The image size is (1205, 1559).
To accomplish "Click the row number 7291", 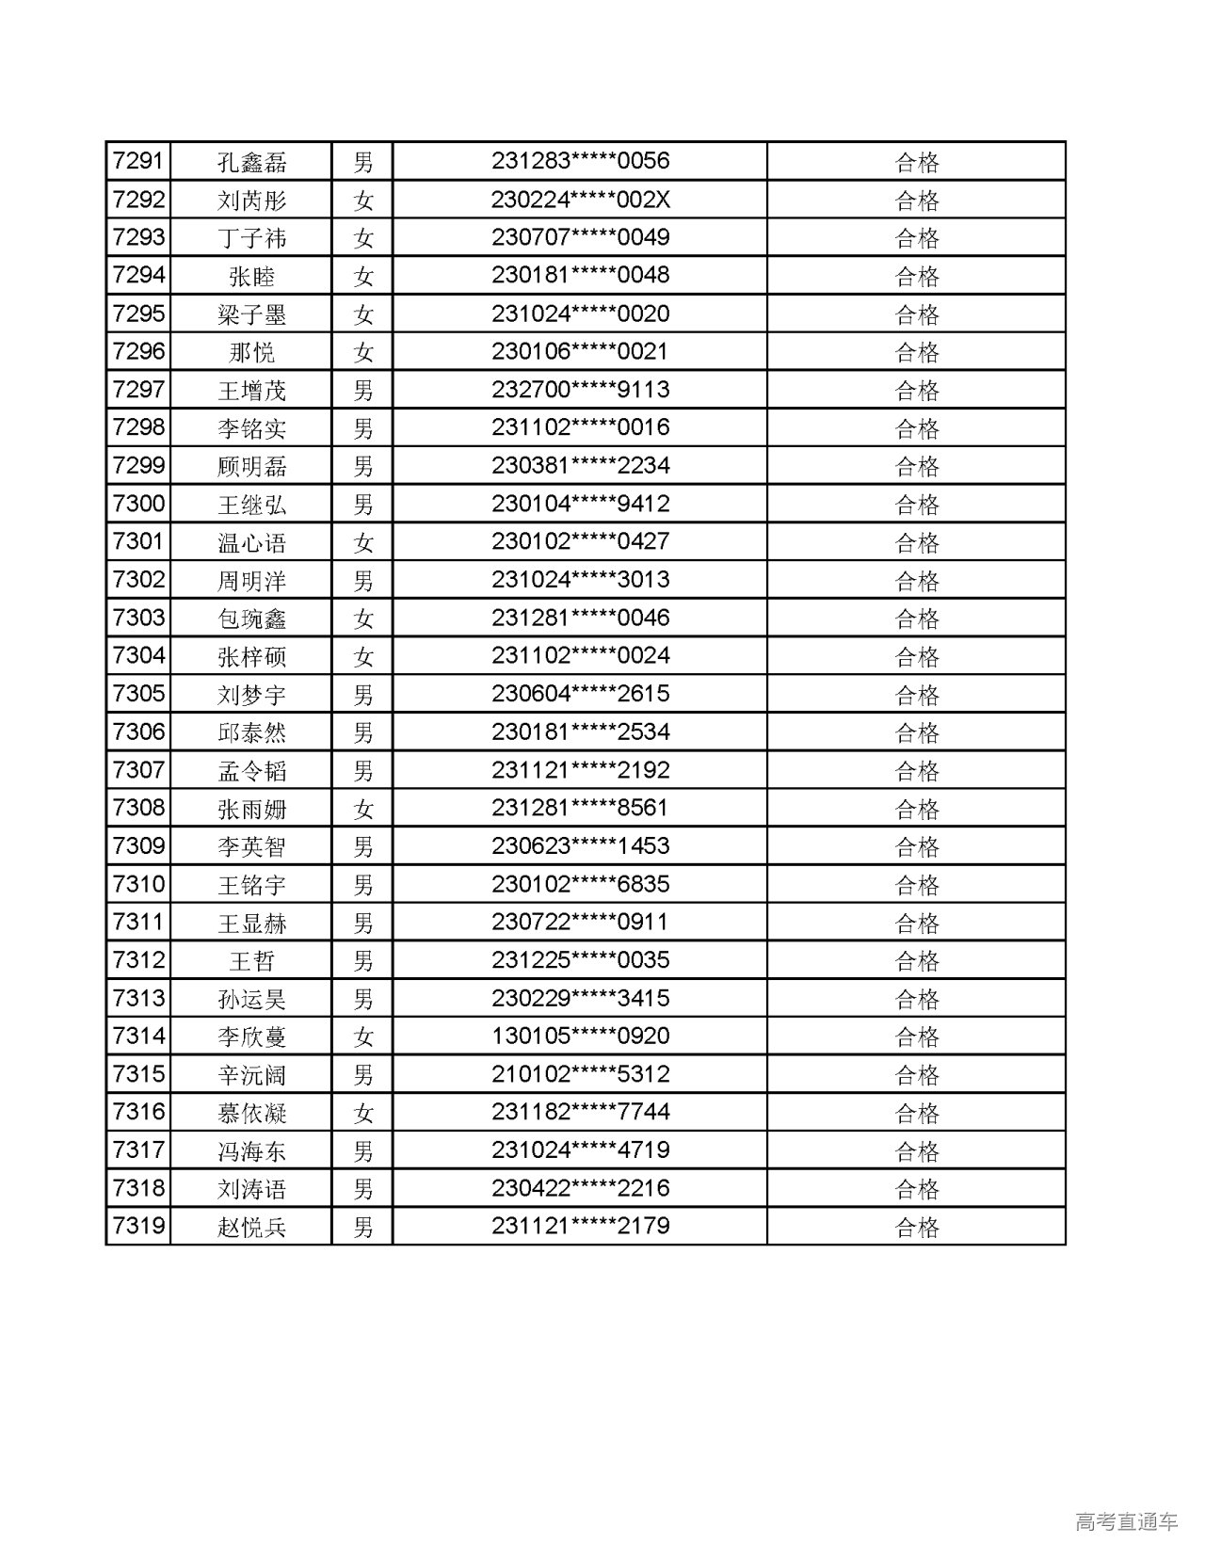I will [138, 161].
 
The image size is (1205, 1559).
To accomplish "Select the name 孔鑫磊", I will [251, 162].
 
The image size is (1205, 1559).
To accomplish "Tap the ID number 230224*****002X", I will [580, 200].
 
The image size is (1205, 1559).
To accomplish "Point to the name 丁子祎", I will [251, 238].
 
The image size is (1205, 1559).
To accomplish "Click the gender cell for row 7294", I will [363, 276].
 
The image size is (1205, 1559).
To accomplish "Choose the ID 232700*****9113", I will [580, 390].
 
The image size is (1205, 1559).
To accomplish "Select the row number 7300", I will [138, 504].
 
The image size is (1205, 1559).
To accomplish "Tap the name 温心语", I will [251, 542].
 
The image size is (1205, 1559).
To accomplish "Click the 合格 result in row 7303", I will [917, 619].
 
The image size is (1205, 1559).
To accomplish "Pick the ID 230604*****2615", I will [580, 694].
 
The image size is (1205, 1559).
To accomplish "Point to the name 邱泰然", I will [251, 732].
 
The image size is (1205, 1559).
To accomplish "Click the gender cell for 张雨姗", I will [363, 809].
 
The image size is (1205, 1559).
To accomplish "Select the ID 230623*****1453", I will [580, 846].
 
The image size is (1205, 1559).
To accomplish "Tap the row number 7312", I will [138, 960].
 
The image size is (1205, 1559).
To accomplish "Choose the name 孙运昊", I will [251, 999].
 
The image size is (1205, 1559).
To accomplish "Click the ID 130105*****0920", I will [580, 1037].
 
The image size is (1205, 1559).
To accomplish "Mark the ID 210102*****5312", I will [580, 1074].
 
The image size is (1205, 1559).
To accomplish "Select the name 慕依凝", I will [251, 1113].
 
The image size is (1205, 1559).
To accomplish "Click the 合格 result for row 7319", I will [917, 1227].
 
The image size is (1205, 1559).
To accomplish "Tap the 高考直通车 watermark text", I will [1126, 1521].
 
